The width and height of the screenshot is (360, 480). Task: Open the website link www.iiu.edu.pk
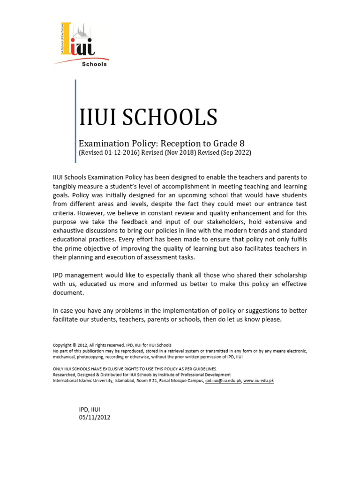(x=258, y=381)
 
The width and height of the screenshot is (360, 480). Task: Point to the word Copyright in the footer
(x=62, y=345)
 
